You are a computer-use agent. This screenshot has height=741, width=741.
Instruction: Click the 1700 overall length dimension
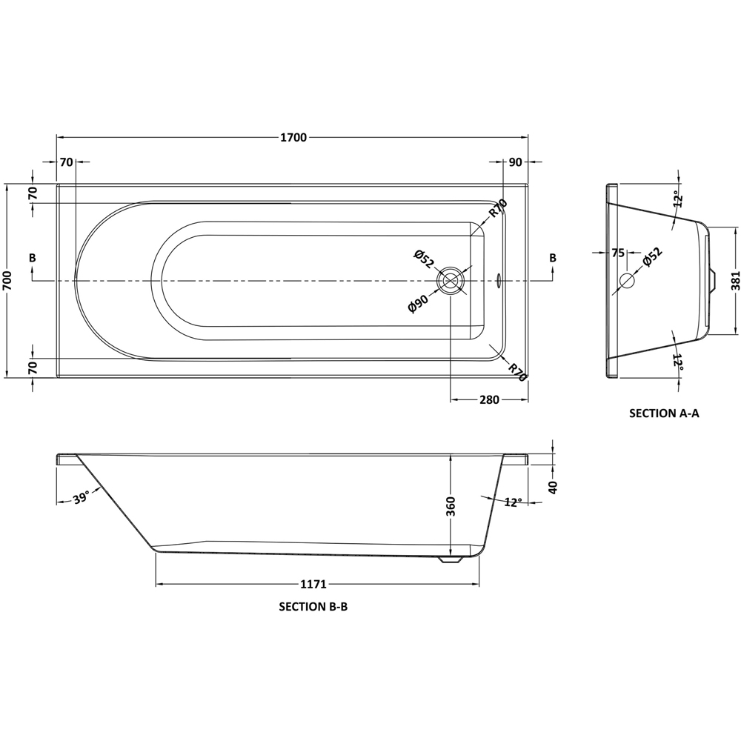(293, 138)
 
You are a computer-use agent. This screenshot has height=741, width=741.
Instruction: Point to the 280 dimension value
(489, 400)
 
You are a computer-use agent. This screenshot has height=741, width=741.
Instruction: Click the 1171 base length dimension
(314, 585)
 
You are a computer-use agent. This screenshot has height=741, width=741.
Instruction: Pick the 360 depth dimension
(451, 505)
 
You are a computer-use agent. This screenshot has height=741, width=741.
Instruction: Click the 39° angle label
(81, 497)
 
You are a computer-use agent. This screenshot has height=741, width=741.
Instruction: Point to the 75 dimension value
(617, 253)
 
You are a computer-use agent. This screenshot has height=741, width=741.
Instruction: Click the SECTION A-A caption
(664, 414)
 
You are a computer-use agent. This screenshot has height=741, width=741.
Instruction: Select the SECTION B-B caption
(313, 606)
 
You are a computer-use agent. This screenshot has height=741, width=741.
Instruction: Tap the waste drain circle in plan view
(451, 282)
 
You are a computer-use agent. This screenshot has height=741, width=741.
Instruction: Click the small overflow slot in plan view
(499, 282)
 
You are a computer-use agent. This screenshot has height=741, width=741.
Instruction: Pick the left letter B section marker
(32, 258)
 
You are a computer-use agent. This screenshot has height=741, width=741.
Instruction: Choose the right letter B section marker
(552, 258)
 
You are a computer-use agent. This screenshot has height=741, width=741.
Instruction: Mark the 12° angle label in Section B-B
(512, 502)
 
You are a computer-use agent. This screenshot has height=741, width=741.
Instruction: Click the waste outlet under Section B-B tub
(450, 561)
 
